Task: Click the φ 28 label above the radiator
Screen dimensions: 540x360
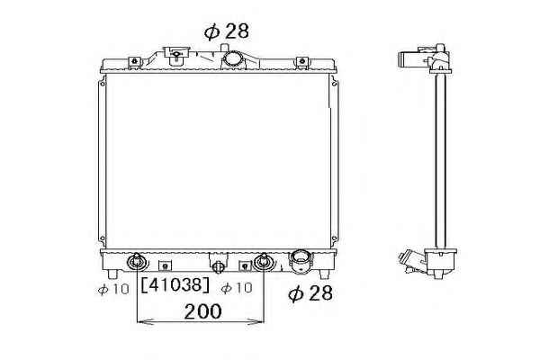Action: [226, 31]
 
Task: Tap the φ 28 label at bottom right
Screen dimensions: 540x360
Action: [310, 293]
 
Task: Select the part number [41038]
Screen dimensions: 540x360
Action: [175, 285]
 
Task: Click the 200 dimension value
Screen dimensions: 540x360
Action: [202, 311]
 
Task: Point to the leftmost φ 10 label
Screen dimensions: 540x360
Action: [113, 289]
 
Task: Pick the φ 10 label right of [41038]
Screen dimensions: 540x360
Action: [237, 288]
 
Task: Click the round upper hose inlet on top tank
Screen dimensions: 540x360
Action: [232, 59]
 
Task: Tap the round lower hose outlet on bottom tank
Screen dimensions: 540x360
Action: [301, 262]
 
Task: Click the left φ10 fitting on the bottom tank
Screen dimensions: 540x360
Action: [137, 262]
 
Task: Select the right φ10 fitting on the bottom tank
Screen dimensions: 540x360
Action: [264, 262]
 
